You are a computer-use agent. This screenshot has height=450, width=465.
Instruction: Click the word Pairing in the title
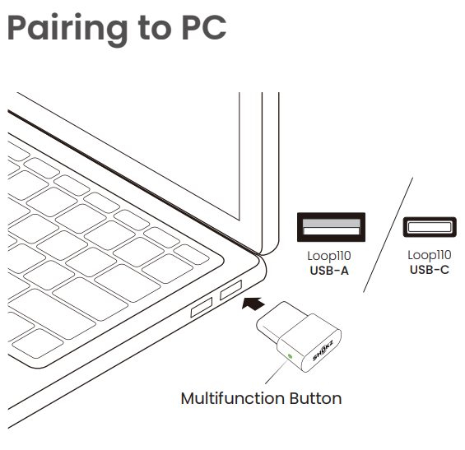click(x=67, y=30)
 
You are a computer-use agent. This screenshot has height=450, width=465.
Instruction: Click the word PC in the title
click(x=204, y=27)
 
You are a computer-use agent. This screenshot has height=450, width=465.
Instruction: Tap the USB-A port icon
click(x=331, y=227)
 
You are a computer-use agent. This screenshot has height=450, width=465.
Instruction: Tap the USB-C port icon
click(x=430, y=227)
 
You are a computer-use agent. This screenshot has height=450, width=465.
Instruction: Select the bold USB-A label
click(x=329, y=271)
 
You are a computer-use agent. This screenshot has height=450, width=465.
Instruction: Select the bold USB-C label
click(x=430, y=270)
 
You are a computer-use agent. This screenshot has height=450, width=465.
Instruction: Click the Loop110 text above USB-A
click(x=329, y=257)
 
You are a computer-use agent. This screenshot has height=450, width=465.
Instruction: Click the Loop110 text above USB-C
click(x=430, y=255)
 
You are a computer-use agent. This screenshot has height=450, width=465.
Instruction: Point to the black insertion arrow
click(x=253, y=304)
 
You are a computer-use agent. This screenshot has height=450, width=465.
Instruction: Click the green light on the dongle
click(x=290, y=356)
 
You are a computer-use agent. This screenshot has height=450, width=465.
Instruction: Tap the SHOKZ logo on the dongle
click(x=323, y=350)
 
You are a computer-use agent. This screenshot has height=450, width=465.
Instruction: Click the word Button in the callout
click(x=315, y=398)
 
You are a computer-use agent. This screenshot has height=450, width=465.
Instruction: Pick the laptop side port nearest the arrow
click(x=230, y=290)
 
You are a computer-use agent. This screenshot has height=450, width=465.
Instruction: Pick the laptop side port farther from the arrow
click(x=202, y=308)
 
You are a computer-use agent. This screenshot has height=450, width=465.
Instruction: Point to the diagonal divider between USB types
click(x=388, y=235)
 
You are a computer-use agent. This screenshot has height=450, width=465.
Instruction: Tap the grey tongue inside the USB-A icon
click(x=331, y=223)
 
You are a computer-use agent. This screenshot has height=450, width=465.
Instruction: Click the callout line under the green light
click(x=276, y=372)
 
